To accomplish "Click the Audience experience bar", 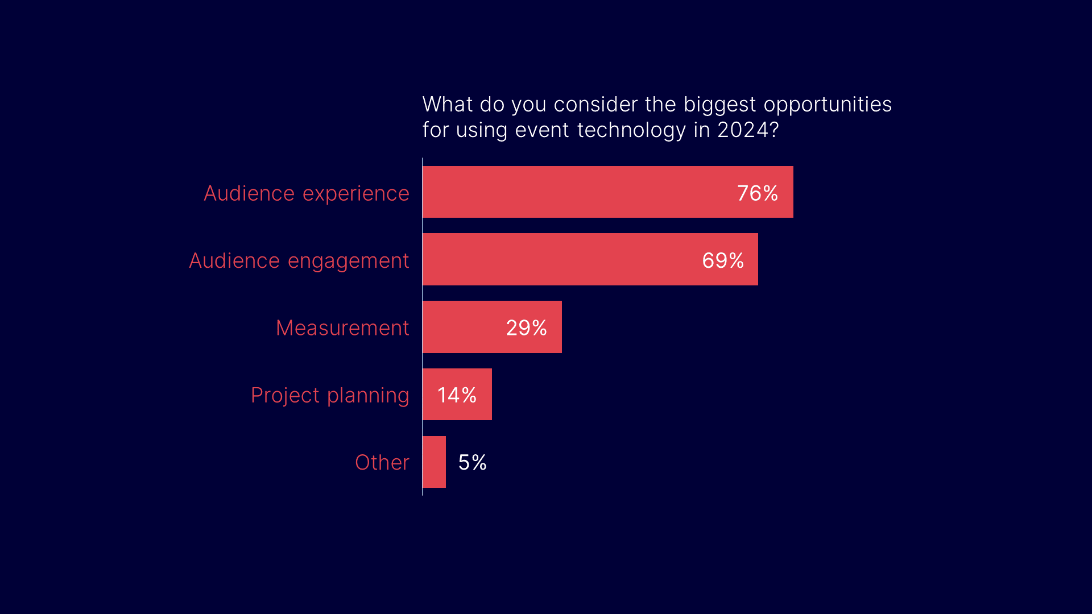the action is pos(608,192).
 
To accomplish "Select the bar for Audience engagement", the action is pos(590,259).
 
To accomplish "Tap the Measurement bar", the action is pos(492,327).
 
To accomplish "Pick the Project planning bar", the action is pos(457,395).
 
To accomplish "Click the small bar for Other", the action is pos(434,462).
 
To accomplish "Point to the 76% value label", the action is pos(758,193).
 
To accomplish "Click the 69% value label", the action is pos(723,260).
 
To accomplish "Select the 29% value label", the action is pos(527,328).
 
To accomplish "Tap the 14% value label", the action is pos(457,395).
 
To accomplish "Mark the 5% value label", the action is pos(473,462).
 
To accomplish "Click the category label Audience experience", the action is pos(307,194).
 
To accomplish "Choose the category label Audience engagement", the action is pos(299,262).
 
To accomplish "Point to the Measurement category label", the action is pos(342,328).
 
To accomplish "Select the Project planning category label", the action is pos(330,396).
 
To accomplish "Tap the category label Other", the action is pos(382,462).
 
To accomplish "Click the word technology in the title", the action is pos(631,131).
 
